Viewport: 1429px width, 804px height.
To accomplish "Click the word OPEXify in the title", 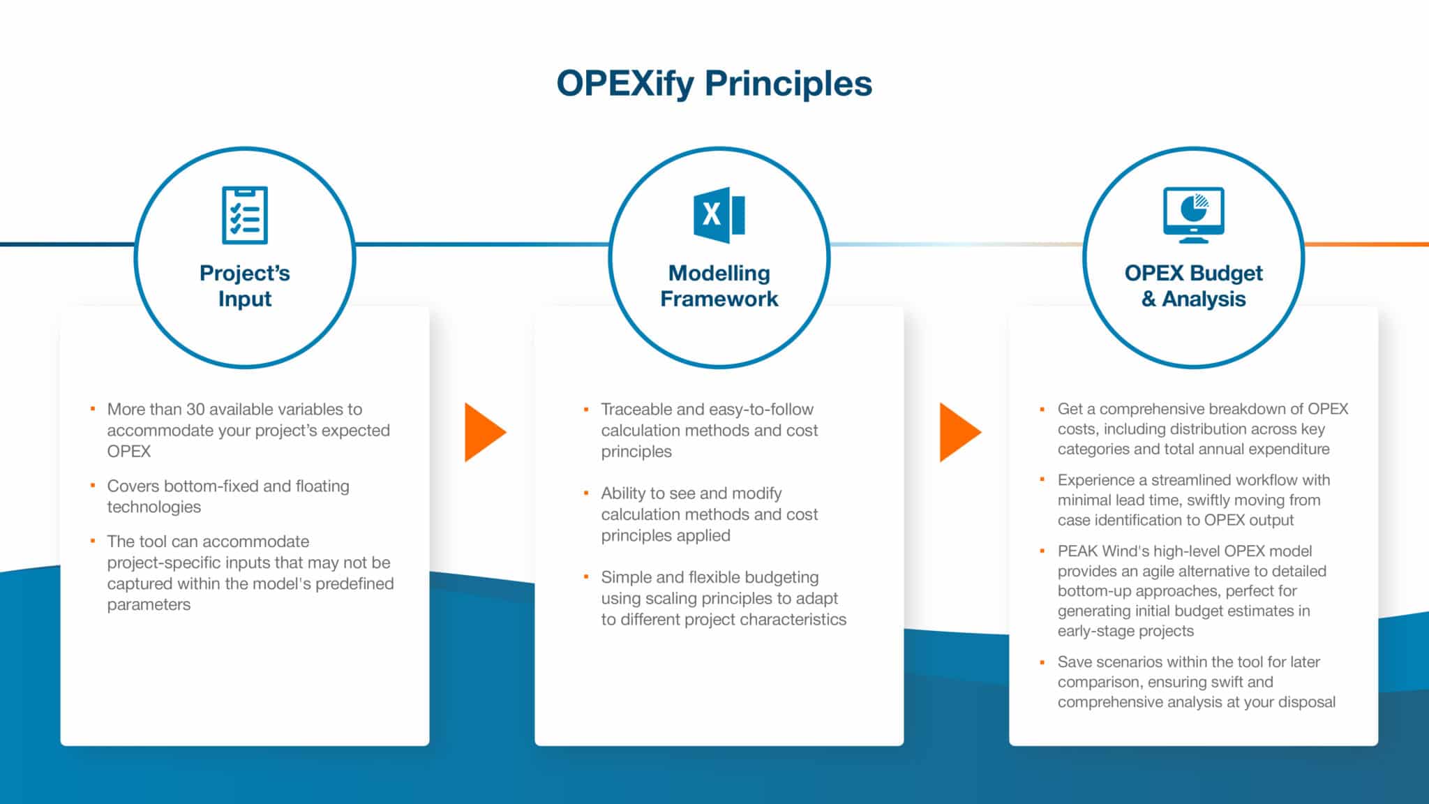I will [625, 84].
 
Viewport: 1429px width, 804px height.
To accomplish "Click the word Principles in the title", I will [788, 84].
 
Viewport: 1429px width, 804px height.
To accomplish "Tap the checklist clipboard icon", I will [245, 215].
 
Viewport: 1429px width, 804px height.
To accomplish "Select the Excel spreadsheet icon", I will [719, 214].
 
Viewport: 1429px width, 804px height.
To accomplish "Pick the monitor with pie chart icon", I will [1193, 214].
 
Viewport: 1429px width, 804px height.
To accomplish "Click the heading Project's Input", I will [245, 285].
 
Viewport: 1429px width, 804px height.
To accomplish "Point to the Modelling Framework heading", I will [719, 285].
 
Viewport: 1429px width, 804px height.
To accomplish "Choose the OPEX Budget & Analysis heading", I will [1193, 285].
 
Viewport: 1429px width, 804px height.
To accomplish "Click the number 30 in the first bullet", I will [195, 410].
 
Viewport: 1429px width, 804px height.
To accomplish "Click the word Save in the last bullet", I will [1073, 662].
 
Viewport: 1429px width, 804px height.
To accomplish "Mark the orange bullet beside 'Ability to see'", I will [586, 493].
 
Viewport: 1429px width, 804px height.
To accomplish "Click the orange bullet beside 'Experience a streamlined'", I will [1042, 479].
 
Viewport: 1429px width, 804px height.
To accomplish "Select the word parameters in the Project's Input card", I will [149, 605].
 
